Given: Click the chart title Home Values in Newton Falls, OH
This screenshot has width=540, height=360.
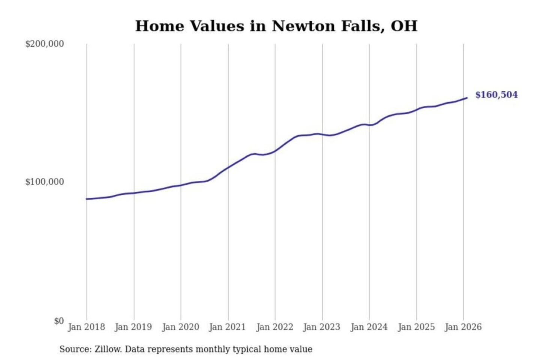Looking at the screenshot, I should tap(276, 26).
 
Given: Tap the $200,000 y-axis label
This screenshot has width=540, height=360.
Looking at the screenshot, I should tap(45, 44).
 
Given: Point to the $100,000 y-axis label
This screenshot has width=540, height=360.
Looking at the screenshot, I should tap(45, 182).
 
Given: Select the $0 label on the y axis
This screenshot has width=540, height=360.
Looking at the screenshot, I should tap(59, 321).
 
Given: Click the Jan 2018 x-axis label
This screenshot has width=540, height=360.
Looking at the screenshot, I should tap(86, 327).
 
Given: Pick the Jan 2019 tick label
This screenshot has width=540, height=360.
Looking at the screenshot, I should tap(133, 327).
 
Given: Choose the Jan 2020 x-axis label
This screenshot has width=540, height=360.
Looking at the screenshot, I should tap(180, 327).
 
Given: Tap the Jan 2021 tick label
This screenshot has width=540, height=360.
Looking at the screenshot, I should tap(227, 327).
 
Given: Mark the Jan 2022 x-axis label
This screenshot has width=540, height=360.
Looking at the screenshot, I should tap(274, 327).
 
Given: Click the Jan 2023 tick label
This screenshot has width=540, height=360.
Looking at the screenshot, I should tap(322, 327).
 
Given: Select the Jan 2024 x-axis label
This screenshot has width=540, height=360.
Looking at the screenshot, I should tap(369, 327).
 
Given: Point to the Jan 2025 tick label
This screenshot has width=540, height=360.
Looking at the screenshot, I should tap(416, 327).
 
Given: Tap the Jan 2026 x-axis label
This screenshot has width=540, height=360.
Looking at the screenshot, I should tap(463, 327).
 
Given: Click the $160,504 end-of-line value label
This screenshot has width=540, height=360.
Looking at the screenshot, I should tap(496, 95).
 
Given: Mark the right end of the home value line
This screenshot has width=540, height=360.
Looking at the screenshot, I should tap(466, 98).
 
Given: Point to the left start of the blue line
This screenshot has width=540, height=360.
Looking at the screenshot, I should tap(87, 199).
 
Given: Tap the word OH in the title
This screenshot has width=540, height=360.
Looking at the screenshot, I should tap(404, 26).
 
